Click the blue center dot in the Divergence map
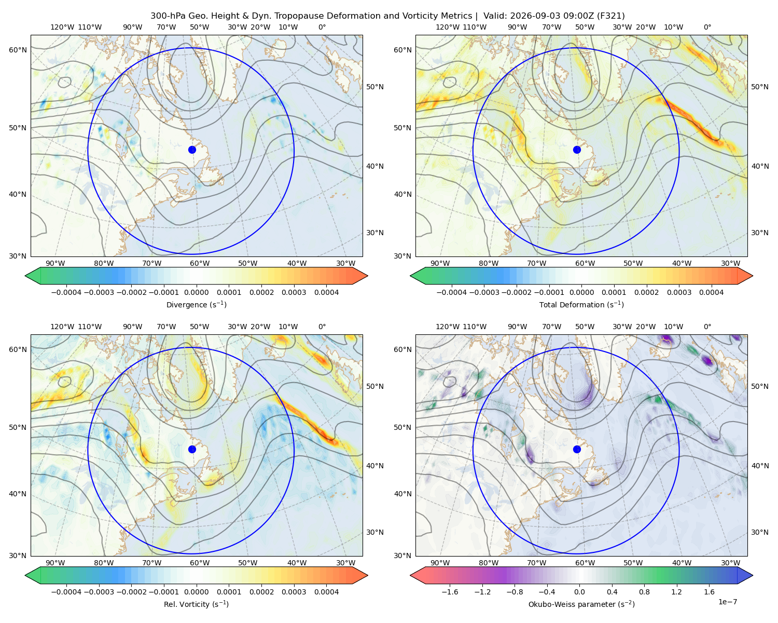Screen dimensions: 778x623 [192, 150]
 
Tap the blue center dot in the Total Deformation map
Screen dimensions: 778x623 [577, 150]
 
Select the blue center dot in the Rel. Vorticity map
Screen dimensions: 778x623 [192, 449]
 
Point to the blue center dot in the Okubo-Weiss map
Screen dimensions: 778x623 [577, 449]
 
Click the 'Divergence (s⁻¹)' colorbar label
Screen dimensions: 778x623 [196, 304]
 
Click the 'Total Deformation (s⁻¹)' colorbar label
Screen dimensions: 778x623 [581, 304]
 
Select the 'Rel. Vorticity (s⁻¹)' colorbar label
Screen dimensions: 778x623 [196, 604]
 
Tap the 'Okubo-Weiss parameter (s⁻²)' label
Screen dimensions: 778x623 [581, 604]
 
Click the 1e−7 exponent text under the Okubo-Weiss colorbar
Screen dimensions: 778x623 [727, 602]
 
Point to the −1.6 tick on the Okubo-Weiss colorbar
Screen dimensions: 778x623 [450, 592]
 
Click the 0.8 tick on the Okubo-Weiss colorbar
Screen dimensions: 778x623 [644, 592]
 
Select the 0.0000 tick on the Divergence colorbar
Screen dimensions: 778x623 [196, 292]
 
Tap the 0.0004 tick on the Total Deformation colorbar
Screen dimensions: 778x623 [712, 292]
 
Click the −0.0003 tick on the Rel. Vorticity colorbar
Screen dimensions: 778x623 [99, 592]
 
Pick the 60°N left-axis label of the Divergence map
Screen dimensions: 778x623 [18, 50]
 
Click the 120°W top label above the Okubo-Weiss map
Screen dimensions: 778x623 [447, 327]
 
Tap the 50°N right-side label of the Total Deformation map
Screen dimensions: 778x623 [760, 87]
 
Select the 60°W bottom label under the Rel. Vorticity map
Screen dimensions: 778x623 [200, 563]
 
